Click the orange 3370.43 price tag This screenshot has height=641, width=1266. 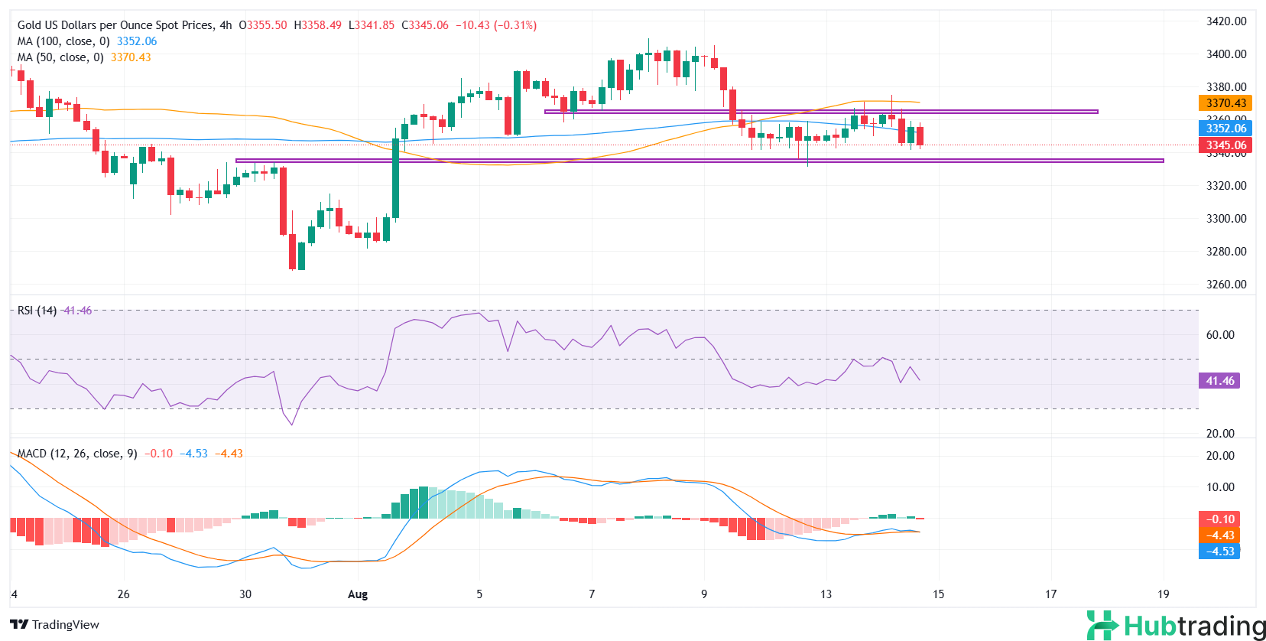(x=1225, y=103)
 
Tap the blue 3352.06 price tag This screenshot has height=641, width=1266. (x=1225, y=129)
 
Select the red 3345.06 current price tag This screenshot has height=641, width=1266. (x=1225, y=145)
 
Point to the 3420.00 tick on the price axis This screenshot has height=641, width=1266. (x=1225, y=21)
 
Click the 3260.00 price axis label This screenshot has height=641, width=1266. (x=1225, y=285)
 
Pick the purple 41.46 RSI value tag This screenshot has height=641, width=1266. (x=1219, y=381)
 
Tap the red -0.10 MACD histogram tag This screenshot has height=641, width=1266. (x=1219, y=519)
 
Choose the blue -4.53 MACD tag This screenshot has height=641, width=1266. (x=1219, y=552)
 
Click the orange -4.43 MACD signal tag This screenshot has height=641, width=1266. (x=1219, y=535)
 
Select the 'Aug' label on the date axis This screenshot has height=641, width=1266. (x=357, y=594)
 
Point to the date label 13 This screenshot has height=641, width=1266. (x=826, y=594)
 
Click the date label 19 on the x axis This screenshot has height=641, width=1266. (x=1163, y=594)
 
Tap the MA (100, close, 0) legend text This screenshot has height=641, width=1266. (x=63, y=41)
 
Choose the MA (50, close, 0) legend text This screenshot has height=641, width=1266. (x=60, y=57)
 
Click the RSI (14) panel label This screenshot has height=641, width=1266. (x=37, y=311)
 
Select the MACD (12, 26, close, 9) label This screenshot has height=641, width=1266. (x=77, y=454)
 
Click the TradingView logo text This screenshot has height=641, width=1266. (x=55, y=625)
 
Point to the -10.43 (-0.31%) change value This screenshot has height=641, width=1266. (x=496, y=25)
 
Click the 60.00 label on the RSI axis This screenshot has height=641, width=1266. (x=1219, y=335)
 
